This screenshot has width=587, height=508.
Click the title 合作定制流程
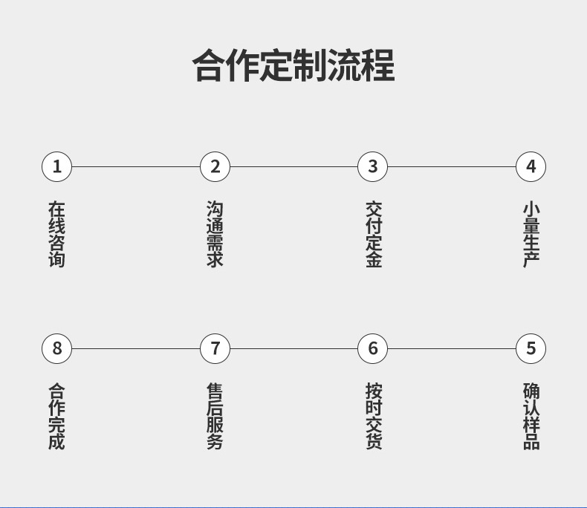(293, 65)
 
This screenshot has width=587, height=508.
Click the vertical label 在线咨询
(56, 234)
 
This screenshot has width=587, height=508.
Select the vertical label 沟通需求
(215, 234)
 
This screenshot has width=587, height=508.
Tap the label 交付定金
(374, 234)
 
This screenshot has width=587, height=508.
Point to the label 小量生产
(531, 234)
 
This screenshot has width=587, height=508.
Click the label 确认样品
(531, 416)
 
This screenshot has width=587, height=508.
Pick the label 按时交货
(374, 416)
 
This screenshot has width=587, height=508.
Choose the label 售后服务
(215, 416)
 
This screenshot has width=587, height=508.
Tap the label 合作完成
(56, 416)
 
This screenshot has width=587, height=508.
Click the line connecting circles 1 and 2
(135, 167)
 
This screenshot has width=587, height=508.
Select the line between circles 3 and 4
(452, 167)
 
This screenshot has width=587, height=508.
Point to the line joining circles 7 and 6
(294, 348)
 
